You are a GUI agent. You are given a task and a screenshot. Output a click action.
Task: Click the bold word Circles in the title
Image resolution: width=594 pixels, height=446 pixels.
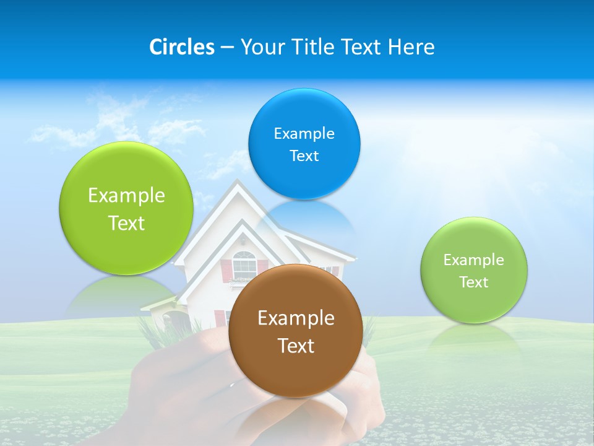(181, 47)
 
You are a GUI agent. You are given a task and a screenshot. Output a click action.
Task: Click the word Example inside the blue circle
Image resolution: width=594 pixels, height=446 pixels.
(304, 134)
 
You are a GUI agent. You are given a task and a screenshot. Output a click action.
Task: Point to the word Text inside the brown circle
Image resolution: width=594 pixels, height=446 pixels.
(296, 346)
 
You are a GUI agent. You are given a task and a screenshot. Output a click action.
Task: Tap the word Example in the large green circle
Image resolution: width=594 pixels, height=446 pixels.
(126, 196)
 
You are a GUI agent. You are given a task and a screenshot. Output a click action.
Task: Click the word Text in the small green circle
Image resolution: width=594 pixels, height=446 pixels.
(473, 282)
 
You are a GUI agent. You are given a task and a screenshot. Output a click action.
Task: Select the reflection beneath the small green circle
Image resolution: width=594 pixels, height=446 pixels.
(473, 338)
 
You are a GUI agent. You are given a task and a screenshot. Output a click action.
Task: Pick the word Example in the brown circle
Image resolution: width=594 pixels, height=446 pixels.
(296, 318)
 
